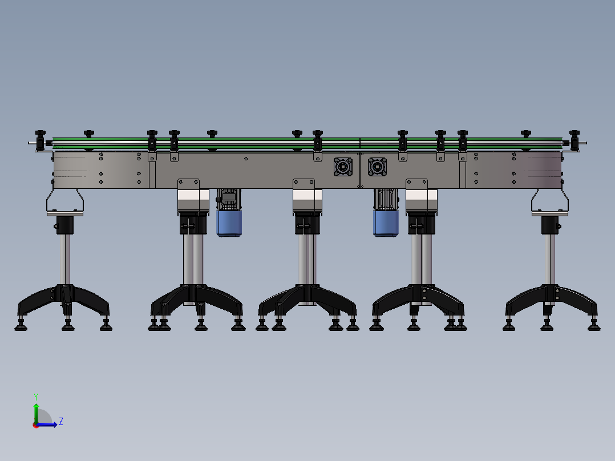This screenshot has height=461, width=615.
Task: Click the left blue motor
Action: pyautogui.click(x=229, y=224)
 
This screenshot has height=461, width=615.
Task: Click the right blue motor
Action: pyautogui.click(x=386, y=224)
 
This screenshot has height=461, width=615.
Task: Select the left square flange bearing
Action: pyautogui.click(x=343, y=167)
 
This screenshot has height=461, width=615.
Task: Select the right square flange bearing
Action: pyautogui.click(x=377, y=167)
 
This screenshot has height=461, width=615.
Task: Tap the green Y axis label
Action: pyautogui.click(x=36, y=397)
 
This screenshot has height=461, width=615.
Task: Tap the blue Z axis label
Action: pyautogui.click(x=61, y=422)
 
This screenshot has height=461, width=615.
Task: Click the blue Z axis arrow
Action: pyautogui.click(x=47, y=424)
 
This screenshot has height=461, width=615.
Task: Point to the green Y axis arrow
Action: pyautogui.click(x=36, y=414)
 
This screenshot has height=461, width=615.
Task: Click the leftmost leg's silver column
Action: pyautogui.click(x=65, y=260)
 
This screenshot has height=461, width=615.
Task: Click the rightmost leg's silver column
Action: pyautogui.click(x=550, y=260)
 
